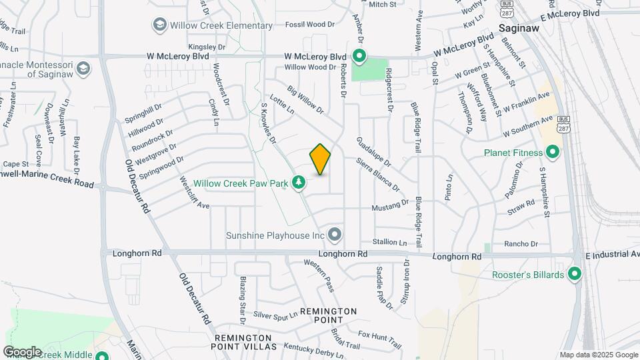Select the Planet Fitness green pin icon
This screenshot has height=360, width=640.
click(552, 153)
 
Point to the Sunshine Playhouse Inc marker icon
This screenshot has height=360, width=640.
click(335, 235)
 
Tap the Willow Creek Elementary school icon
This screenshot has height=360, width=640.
click(159, 26)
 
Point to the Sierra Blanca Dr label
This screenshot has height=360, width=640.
click(377, 175)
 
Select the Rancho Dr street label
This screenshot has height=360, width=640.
click(521, 244)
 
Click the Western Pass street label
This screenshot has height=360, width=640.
click(319, 275)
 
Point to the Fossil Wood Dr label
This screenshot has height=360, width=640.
click(310, 25)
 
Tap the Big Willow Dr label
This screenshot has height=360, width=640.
click(305, 99)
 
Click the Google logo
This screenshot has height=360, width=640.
click(22, 351)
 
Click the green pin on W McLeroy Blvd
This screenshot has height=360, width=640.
click(359, 56)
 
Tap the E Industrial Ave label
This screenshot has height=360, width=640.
click(612, 255)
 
